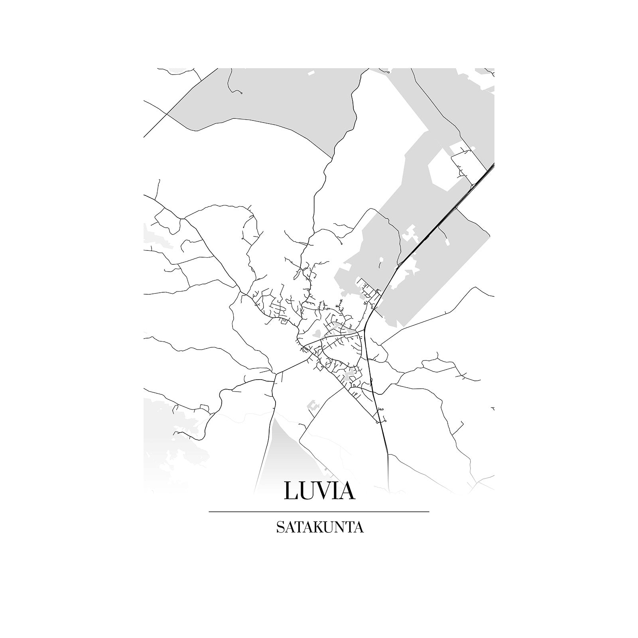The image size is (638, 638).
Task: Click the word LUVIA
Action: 319,490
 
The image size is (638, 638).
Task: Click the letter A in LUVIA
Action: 347,490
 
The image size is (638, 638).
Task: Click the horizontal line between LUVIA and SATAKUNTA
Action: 319,511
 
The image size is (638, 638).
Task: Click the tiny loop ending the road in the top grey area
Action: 241,93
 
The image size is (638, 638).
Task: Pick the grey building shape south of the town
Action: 313,406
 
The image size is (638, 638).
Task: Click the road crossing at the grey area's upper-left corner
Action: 167,114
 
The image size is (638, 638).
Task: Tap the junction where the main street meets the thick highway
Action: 364,331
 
